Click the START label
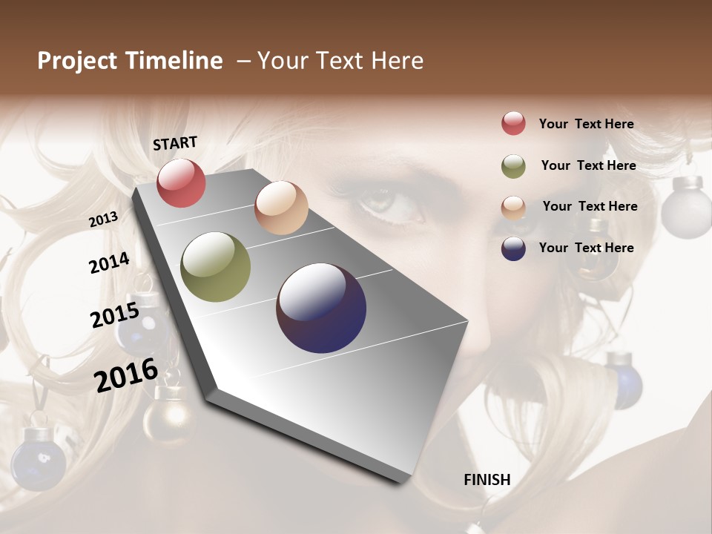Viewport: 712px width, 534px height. pos(175,143)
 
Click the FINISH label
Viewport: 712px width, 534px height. pos(487,480)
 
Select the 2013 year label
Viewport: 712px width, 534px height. pos(103,219)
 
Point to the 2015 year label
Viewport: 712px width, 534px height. pos(115,315)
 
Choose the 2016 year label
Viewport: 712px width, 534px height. pos(126,375)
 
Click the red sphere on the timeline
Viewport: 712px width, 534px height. pos(181,182)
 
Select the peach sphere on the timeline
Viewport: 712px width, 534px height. pos(281,208)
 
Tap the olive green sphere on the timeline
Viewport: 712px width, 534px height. pos(216,267)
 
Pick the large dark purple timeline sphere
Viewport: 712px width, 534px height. pos(321,308)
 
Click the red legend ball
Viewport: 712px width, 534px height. pos(513,123)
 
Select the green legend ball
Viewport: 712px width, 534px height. pos(513,166)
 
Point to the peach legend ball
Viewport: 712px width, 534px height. pos(513,208)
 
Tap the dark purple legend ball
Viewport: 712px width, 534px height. pos(513,248)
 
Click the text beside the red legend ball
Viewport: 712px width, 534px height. pos(586,124)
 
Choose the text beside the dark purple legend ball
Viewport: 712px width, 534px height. pos(586,248)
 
